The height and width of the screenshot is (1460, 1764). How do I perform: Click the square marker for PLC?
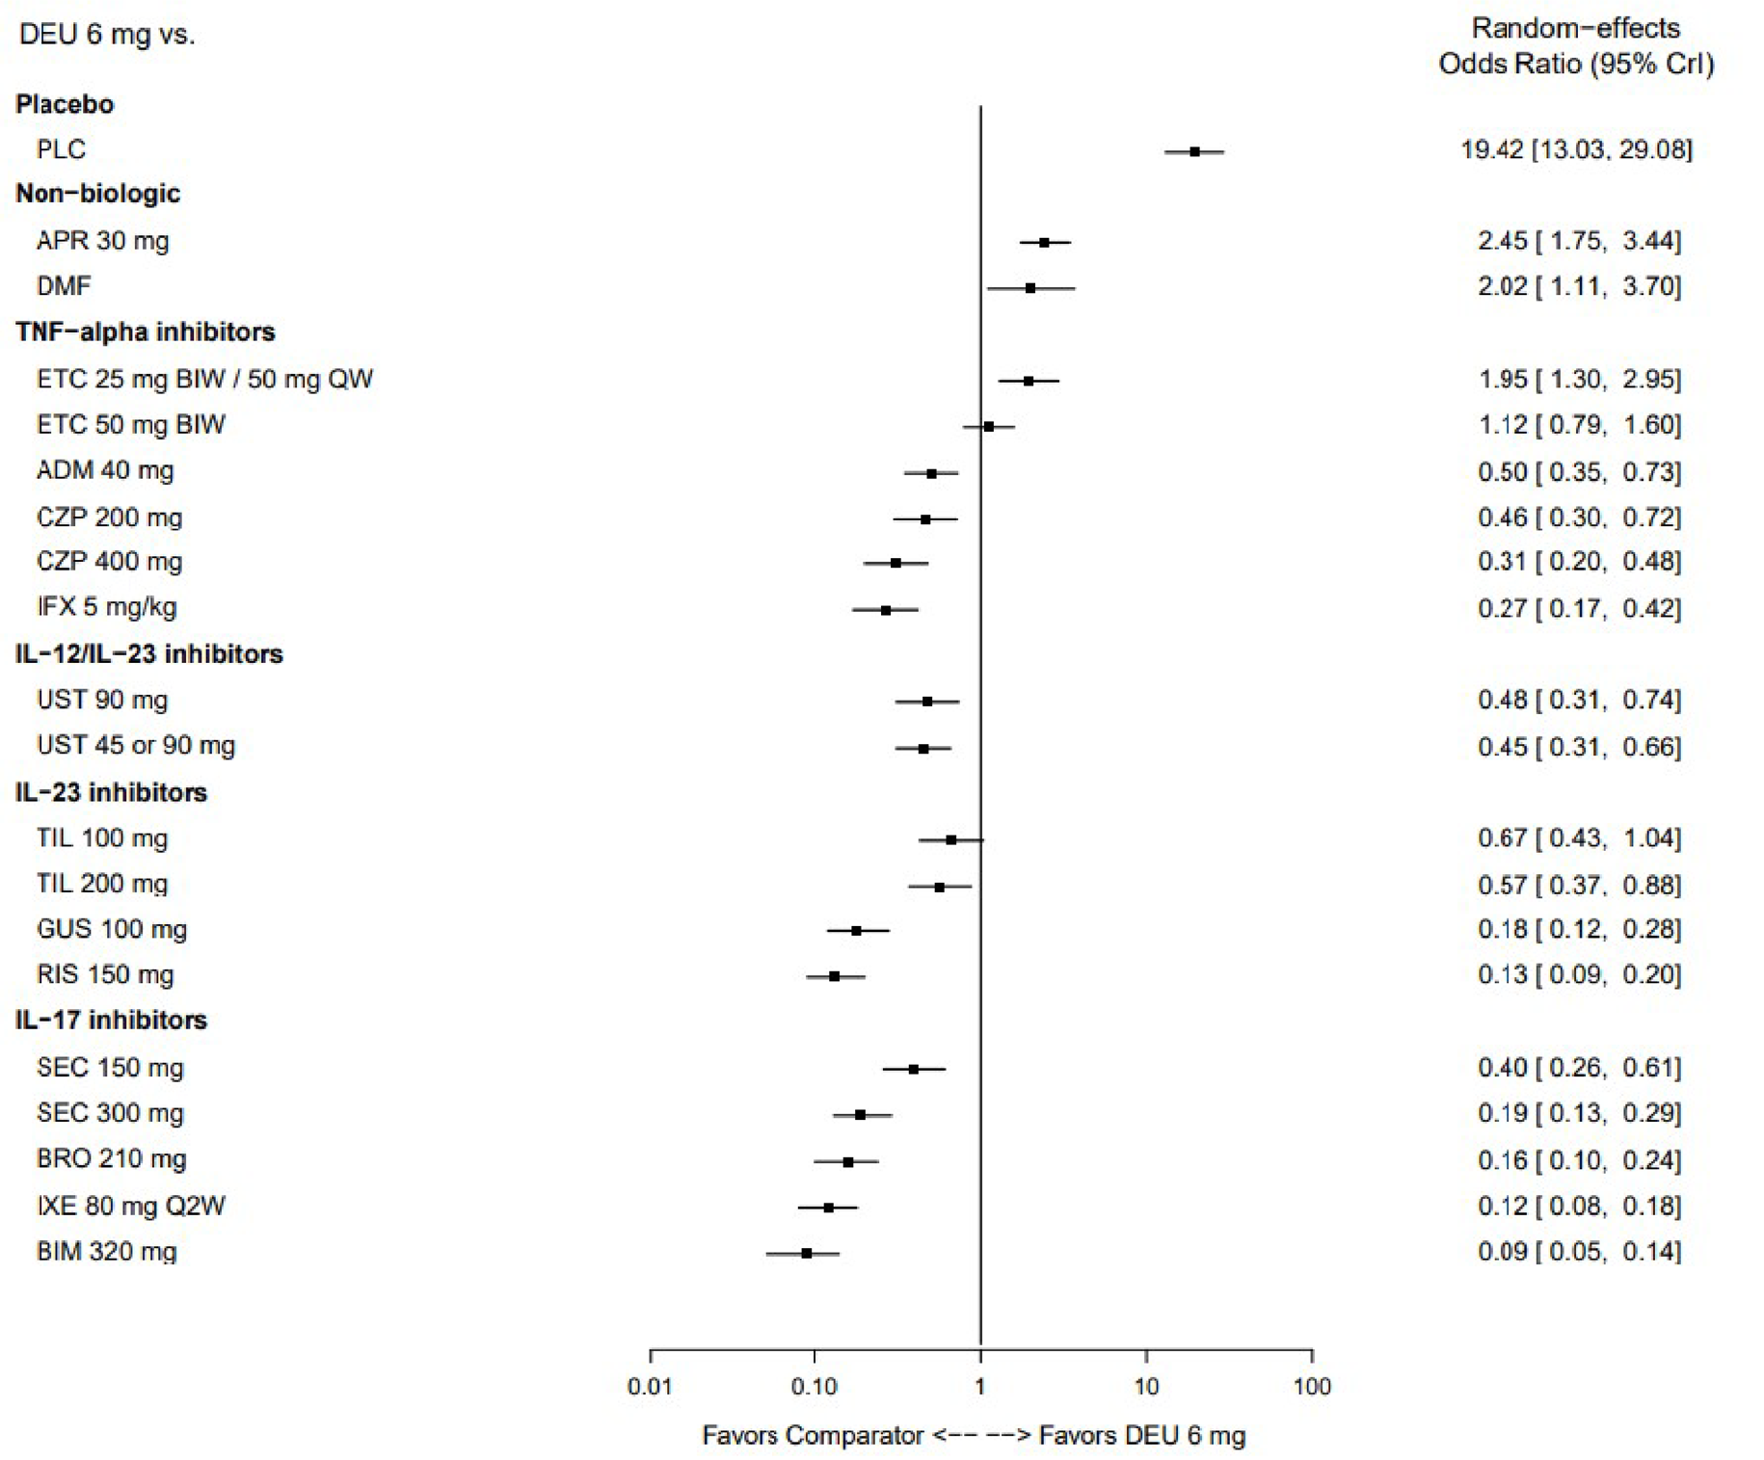(x=1194, y=151)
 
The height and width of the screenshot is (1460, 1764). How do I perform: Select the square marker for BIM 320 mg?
(x=807, y=1253)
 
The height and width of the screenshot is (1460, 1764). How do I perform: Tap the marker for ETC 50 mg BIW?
(x=989, y=426)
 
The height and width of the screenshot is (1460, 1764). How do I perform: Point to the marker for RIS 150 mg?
(x=835, y=976)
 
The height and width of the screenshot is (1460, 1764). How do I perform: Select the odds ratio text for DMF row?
(x=1579, y=286)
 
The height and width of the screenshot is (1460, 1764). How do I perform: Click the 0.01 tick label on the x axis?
(x=650, y=1386)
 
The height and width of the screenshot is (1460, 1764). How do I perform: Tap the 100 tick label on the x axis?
(x=1312, y=1386)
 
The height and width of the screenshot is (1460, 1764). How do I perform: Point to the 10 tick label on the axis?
(x=1146, y=1386)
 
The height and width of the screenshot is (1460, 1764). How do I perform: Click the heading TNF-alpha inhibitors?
(x=146, y=332)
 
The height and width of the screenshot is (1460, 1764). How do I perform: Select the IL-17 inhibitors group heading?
(x=111, y=1020)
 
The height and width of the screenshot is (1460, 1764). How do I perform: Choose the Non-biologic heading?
(x=97, y=194)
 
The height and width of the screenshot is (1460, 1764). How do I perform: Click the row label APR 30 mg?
(x=103, y=241)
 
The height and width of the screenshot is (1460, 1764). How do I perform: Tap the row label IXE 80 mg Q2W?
(x=131, y=1206)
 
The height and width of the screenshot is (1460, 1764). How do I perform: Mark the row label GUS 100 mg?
(x=112, y=929)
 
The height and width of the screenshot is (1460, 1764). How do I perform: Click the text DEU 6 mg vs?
(x=107, y=36)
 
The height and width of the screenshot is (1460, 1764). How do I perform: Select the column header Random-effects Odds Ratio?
(x=1576, y=46)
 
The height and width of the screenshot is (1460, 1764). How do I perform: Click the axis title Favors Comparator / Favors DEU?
(x=974, y=1435)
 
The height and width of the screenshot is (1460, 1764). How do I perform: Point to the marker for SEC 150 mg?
(x=914, y=1069)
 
